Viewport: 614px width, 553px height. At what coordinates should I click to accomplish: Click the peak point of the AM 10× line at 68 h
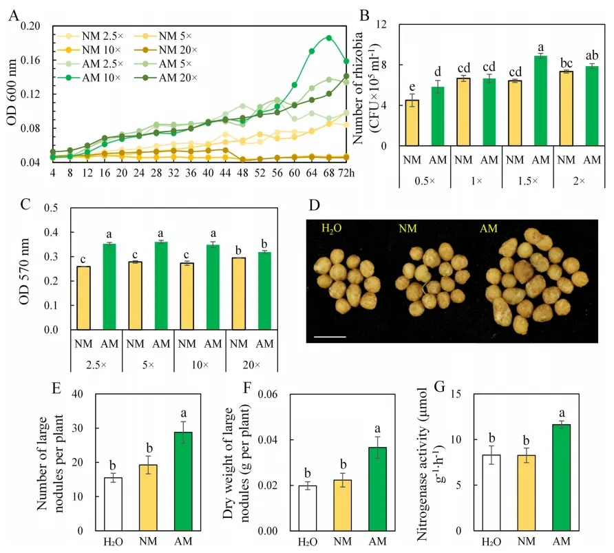[x=328, y=38]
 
